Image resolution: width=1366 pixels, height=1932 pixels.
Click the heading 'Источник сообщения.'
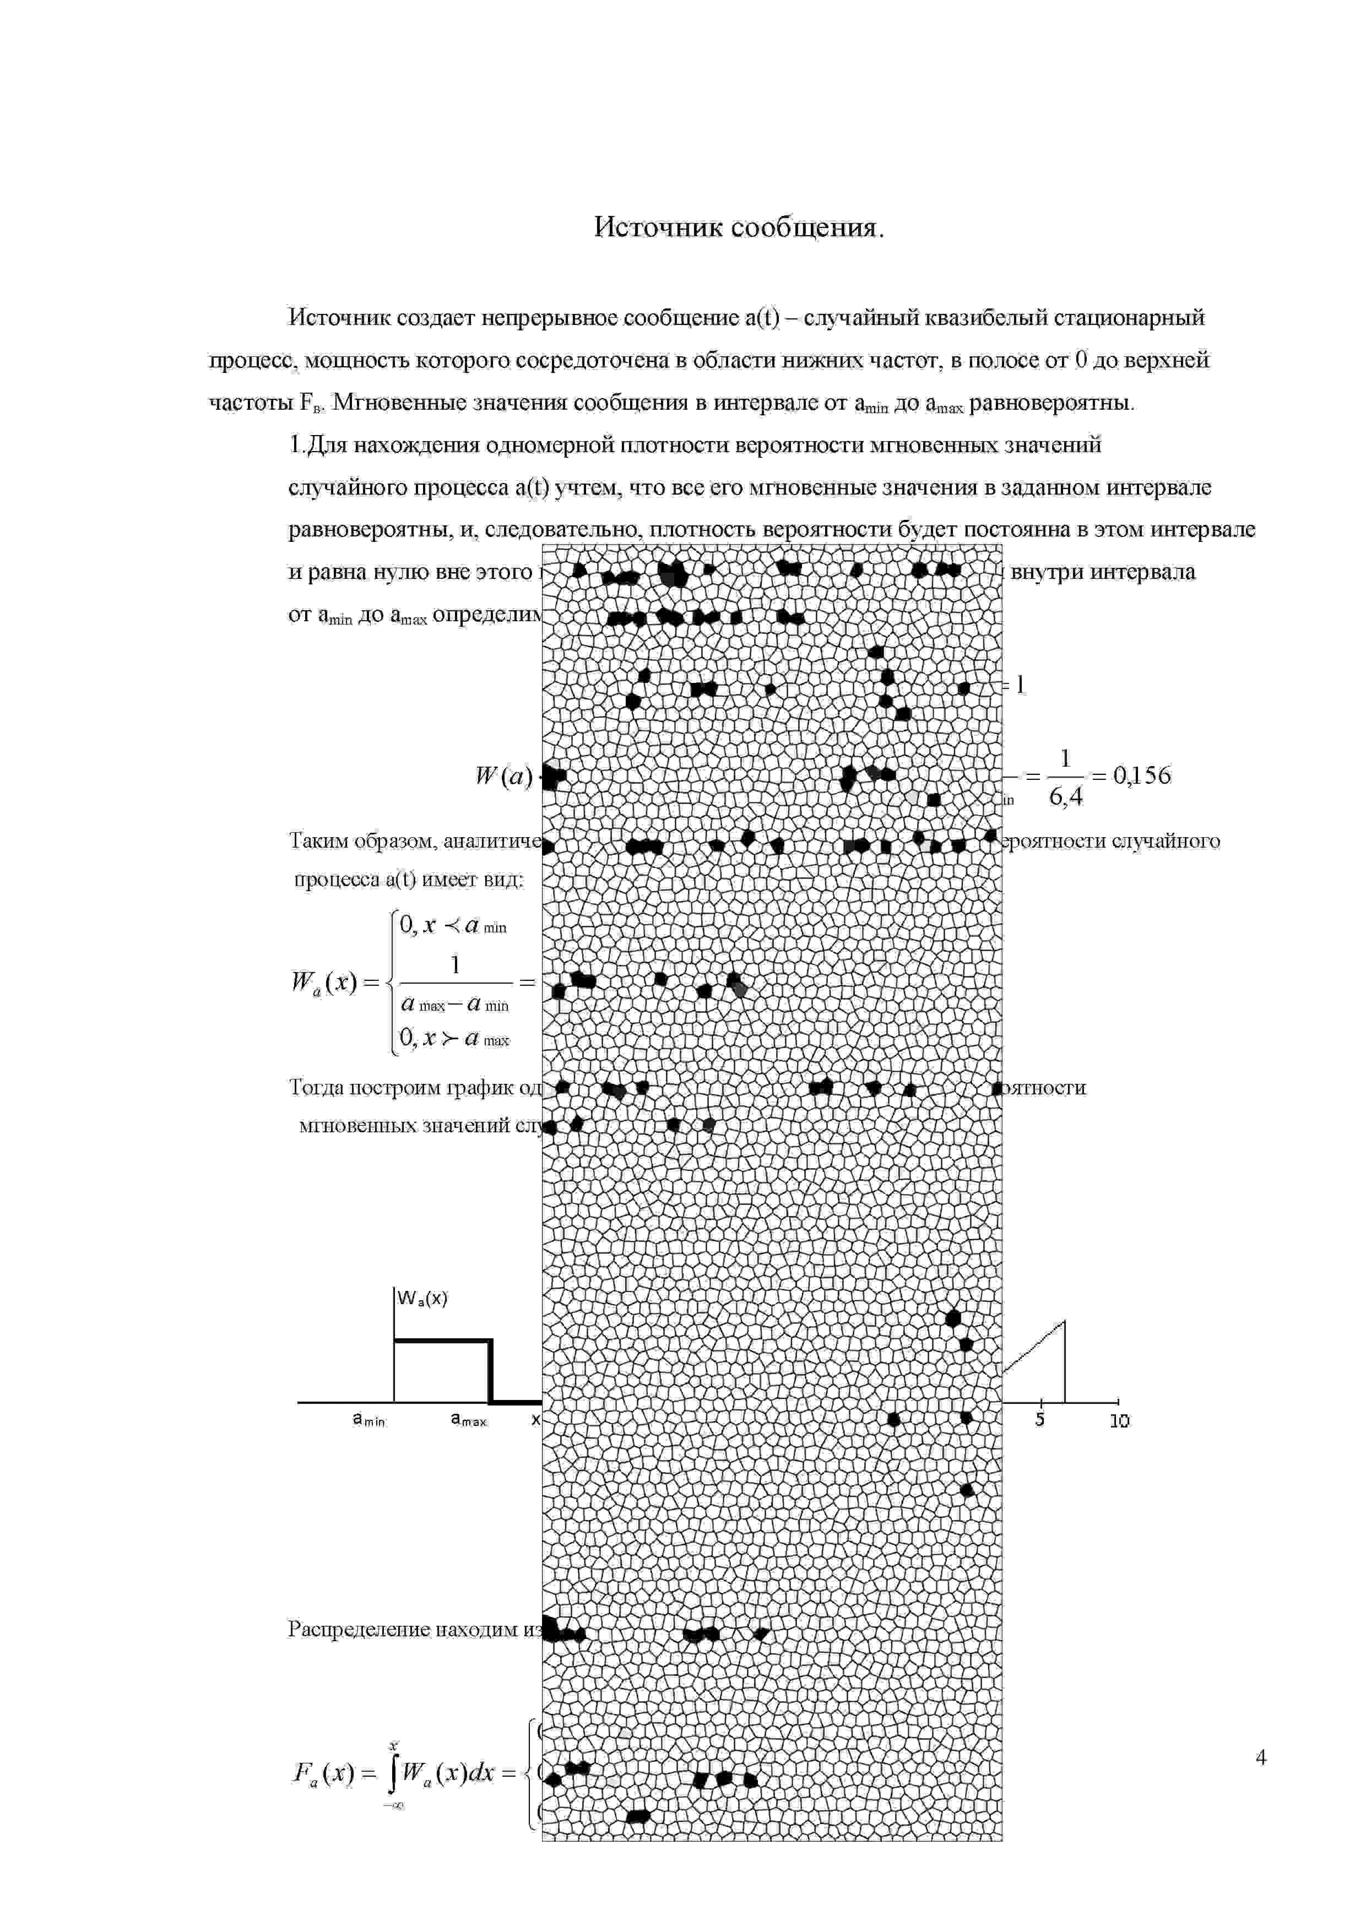tap(739, 227)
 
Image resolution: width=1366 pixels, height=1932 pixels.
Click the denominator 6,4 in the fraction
tap(1065, 796)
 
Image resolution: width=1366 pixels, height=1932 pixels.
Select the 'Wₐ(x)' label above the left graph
tap(422, 1299)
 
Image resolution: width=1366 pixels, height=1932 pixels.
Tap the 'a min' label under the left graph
tap(368, 1420)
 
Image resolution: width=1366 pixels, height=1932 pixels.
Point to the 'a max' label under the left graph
tap(469, 1420)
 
